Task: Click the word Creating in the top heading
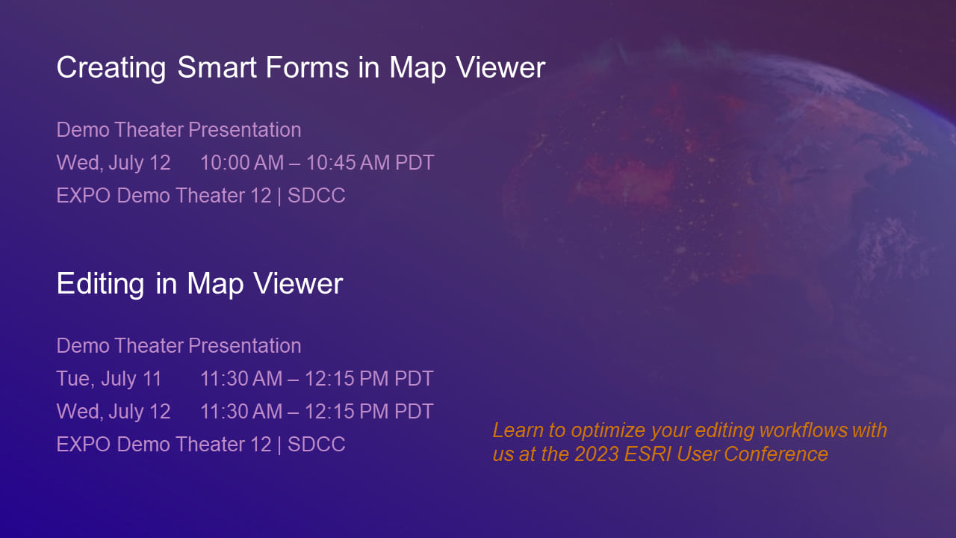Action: [111, 68]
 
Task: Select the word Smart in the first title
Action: [217, 67]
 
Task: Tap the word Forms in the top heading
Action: [307, 67]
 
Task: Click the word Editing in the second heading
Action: [100, 285]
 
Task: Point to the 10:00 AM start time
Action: [242, 163]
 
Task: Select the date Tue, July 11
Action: [109, 379]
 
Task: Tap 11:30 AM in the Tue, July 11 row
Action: [241, 379]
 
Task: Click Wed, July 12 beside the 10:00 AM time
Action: [114, 163]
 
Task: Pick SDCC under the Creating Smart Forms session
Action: [316, 196]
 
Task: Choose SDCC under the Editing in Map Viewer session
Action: [316, 445]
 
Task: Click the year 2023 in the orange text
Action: [597, 454]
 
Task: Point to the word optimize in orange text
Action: [608, 431]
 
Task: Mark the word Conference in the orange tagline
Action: [776, 454]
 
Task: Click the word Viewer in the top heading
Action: [500, 67]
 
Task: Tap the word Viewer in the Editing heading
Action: [298, 283]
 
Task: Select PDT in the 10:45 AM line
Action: [415, 163]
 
